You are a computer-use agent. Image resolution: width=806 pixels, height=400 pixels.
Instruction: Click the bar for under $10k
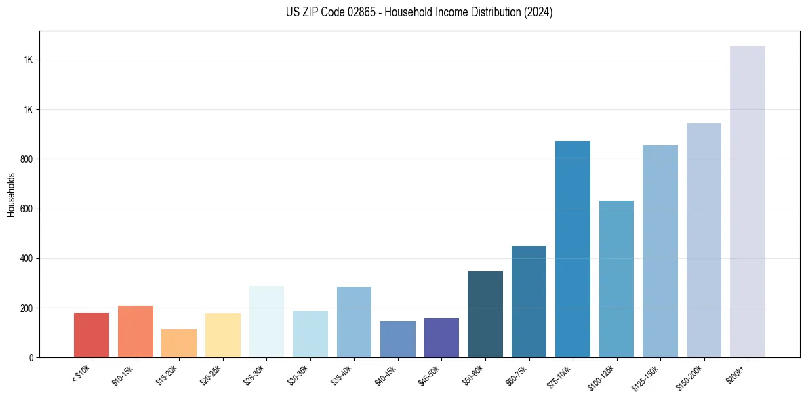(x=92, y=335)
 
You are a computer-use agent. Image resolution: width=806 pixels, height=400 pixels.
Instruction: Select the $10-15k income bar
(x=136, y=332)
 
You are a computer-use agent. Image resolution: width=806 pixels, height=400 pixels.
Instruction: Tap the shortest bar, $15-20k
(x=179, y=344)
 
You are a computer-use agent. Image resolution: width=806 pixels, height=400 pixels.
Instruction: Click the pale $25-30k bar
(x=266, y=322)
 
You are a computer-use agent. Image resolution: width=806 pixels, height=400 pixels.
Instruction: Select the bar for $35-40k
(x=354, y=322)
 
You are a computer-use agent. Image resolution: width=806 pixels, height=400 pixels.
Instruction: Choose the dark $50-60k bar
(x=485, y=315)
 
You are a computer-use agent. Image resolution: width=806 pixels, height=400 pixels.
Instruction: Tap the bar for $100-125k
(x=616, y=279)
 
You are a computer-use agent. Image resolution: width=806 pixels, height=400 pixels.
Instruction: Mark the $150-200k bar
(x=704, y=241)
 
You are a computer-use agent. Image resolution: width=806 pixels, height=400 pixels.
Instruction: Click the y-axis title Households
(x=11, y=195)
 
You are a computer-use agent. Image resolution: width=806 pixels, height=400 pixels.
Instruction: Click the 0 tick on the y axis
(x=31, y=357)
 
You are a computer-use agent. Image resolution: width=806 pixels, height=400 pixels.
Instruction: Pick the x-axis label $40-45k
(x=386, y=374)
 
